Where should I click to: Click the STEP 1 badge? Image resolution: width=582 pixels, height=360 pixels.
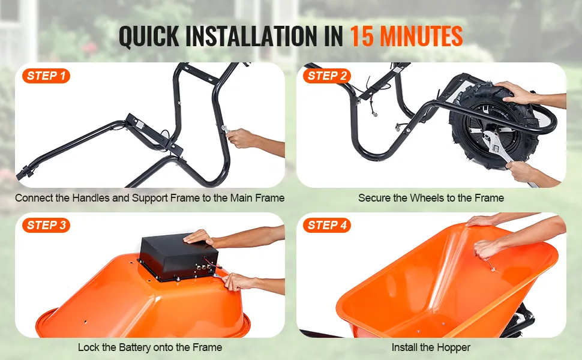tap(46, 76)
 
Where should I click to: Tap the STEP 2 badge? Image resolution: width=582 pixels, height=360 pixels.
tap(327, 76)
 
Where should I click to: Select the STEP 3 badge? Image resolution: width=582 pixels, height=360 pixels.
tap(46, 225)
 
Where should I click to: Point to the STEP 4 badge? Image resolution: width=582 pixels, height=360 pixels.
tap(327, 225)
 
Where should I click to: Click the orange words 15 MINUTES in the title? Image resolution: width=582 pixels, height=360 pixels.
tap(406, 37)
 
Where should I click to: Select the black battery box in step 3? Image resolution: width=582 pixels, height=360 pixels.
tap(178, 257)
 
